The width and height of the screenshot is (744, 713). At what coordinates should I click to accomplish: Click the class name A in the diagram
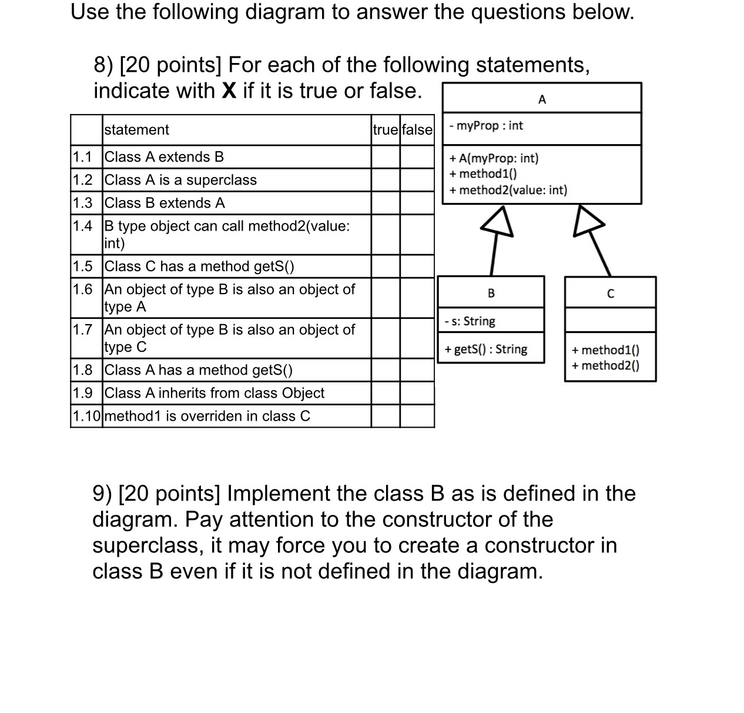[x=542, y=99]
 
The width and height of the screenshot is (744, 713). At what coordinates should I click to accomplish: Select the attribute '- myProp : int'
[x=485, y=126]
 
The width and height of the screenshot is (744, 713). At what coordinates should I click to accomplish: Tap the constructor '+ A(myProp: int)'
[x=494, y=158]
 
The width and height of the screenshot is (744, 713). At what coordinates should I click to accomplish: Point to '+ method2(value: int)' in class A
[x=508, y=190]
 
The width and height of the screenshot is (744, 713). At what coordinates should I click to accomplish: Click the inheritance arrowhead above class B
[x=498, y=222]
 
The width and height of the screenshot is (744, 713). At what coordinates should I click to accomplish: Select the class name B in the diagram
[x=491, y=293]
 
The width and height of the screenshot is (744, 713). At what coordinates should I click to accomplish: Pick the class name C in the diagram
[x=610, y=294]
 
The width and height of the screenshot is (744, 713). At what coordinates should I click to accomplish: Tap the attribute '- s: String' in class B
[x=470, y=321]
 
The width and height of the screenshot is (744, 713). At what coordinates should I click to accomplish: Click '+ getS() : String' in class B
[x=486, y=349]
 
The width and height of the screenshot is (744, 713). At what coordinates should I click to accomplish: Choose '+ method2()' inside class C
[x=605, y=366]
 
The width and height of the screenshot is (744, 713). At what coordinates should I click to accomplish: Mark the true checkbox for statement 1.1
[x=386, y=157]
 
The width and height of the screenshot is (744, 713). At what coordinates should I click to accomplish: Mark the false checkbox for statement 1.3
[x=417, y=203]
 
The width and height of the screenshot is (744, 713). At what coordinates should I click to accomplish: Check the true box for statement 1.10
[x=386, y=416]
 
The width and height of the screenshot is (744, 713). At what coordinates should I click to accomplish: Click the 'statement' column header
[x=136, y=130]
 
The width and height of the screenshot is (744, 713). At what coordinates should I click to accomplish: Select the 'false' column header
[x=417, y=130]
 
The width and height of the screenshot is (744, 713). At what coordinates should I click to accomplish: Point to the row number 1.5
[x=83, y=266]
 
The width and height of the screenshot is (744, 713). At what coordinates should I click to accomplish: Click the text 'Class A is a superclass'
[x=180, y=180]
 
